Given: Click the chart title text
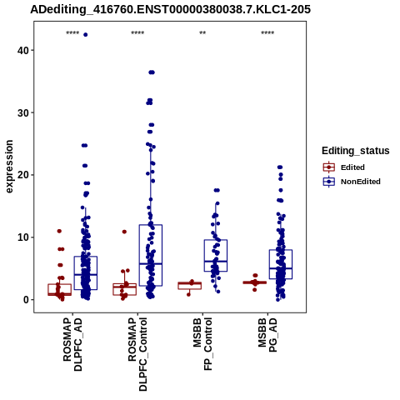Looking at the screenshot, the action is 170,10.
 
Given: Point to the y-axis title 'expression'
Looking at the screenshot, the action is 9,167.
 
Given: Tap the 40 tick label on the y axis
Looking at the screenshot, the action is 23,50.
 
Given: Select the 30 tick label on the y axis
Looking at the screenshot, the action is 23,112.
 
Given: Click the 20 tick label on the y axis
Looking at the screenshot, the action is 23,175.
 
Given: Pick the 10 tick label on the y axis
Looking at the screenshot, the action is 23,237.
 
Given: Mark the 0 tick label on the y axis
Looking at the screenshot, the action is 26,300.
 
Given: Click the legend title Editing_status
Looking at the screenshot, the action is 356,151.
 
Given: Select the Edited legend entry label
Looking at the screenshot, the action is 352,167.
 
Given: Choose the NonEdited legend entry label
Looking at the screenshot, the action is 361,182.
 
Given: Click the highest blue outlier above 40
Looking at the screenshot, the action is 86,35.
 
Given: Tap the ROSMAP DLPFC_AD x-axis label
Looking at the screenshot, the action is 72,344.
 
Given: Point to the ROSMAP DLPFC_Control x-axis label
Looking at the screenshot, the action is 137,354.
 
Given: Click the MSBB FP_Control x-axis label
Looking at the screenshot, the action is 202,344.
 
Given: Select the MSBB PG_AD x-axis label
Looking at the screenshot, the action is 267,335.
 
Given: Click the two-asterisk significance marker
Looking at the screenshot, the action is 202,33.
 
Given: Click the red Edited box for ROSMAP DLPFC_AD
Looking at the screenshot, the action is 60,284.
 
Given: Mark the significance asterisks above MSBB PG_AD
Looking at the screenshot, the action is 267,33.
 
